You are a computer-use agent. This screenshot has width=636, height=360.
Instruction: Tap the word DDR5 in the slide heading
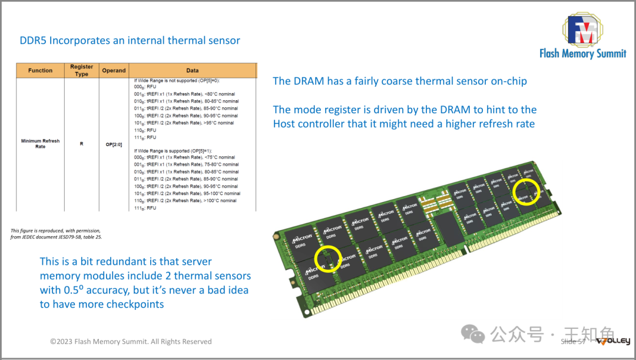click(x=33, y=41)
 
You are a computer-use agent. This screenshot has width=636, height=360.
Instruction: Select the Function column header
click(x=40, y=71)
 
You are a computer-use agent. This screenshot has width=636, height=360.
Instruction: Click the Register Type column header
click(x=82, y=71)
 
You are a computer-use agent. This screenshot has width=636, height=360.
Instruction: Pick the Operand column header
click(x=114, y=71)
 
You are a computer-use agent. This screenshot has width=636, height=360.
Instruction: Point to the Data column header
click(x=193, y=71)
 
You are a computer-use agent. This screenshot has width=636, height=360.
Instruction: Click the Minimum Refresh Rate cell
click(x=40, y=144)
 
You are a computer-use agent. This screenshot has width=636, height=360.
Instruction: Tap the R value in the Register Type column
click(x=82, y=144)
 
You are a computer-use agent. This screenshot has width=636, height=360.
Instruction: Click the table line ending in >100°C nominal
click(x=185, y=201)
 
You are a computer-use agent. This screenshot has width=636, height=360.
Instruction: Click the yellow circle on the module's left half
click(x=328, y=259)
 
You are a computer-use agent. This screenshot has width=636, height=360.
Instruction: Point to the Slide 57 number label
click(x=573, y=342)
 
